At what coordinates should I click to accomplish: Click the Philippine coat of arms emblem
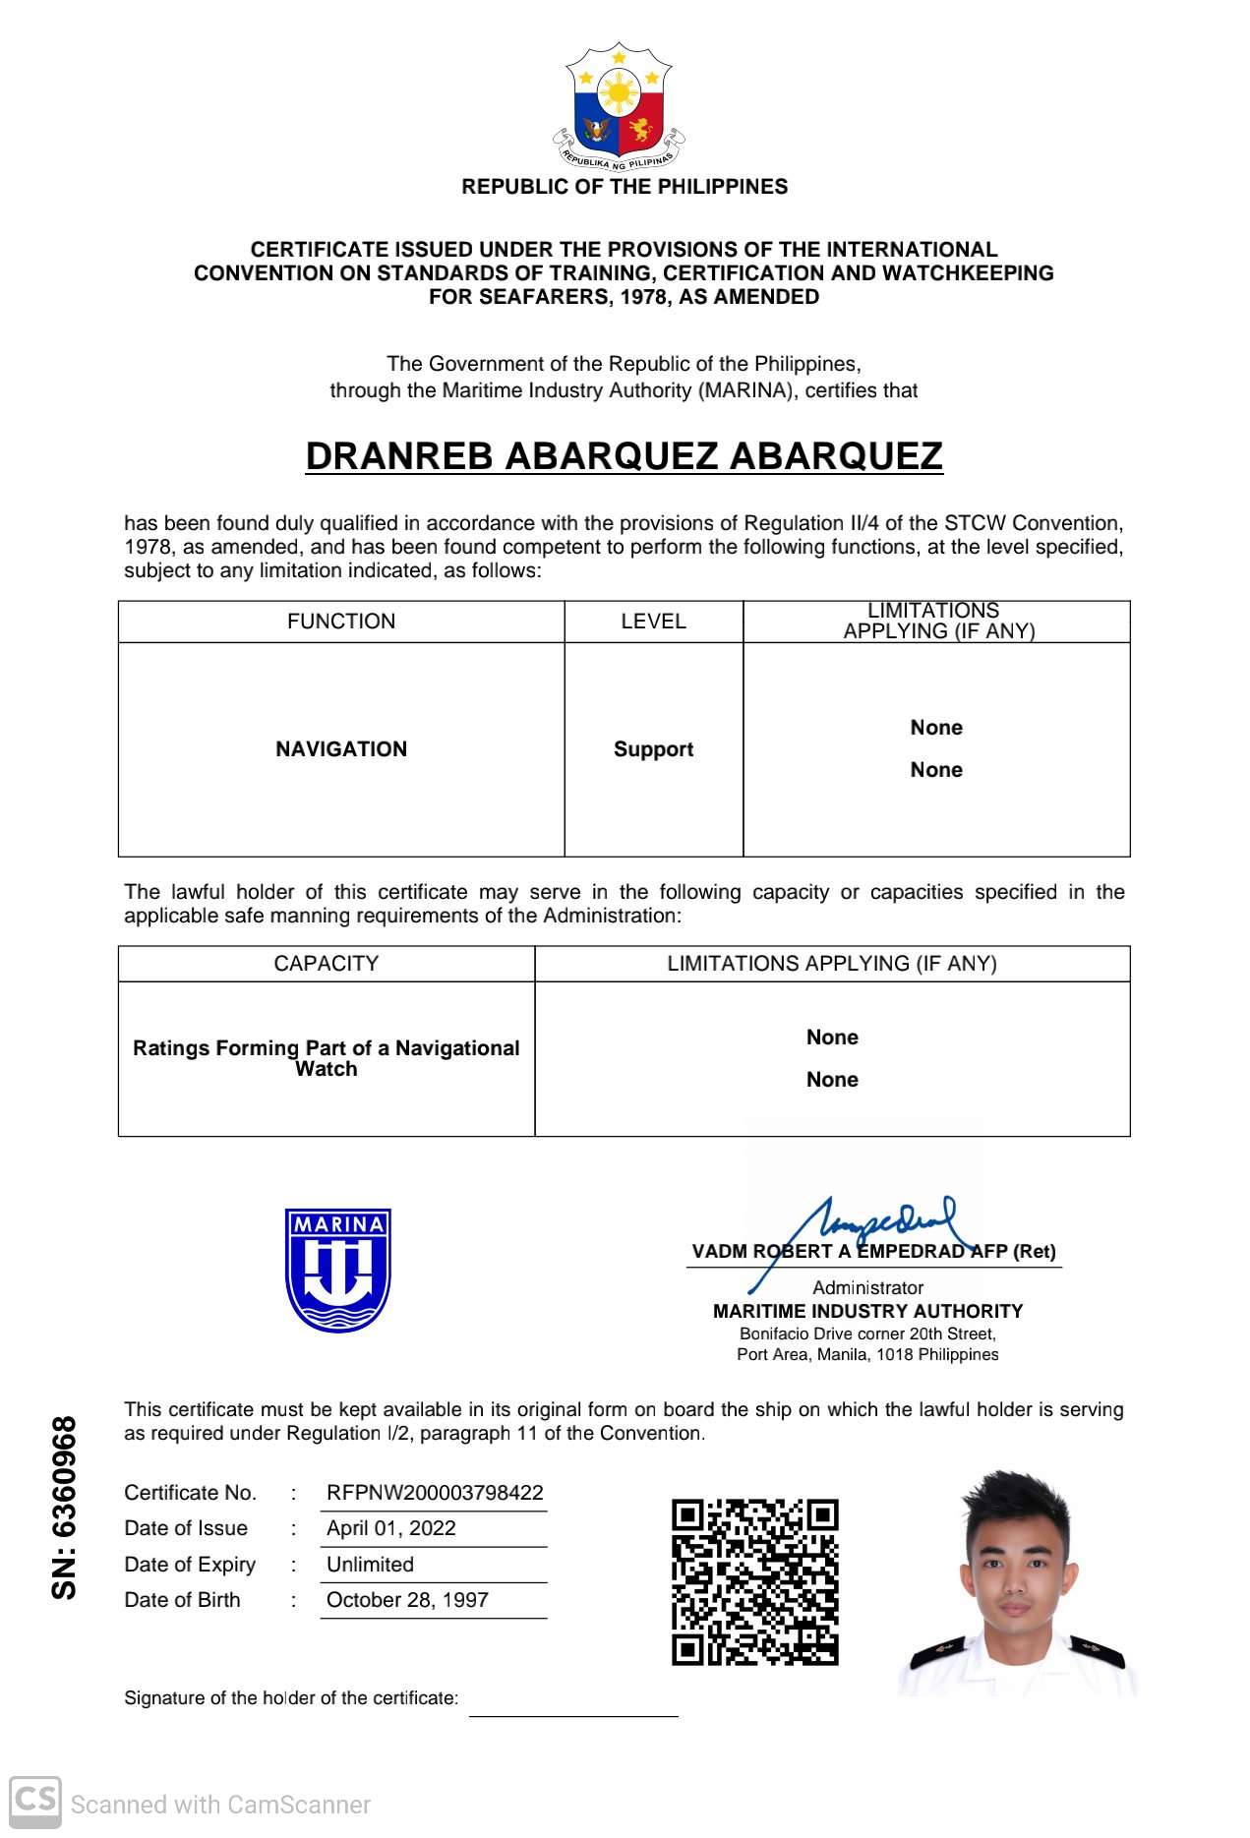coord(619,105)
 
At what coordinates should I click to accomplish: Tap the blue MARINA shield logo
coord(338,1270)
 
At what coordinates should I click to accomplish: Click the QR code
coord(754,1581)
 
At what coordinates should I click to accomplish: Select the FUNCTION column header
coord(341,622)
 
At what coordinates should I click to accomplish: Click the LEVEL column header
coord(653,622)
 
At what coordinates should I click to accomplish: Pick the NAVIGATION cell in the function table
coord(341,749)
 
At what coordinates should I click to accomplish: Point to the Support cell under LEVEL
coord(653,749)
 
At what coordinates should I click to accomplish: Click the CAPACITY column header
coord(326,964)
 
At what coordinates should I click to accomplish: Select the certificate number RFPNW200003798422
coord(435,1493)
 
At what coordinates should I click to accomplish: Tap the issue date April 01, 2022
coord(391,1528)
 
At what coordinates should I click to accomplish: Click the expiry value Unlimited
coord(370,1565)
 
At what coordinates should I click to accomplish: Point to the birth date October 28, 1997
coord(407,1600)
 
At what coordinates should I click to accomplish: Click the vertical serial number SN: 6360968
coord(64,1508)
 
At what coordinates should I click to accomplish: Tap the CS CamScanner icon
coord(35,1802)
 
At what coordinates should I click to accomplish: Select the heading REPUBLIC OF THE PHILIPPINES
coord(625,187)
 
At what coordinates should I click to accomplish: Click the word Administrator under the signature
coord(867,1287)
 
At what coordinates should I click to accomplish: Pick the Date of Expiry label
coord(190,1565)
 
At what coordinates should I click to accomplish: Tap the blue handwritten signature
coord(865,1227)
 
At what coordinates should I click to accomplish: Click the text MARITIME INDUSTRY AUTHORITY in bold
coord(867,1311)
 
